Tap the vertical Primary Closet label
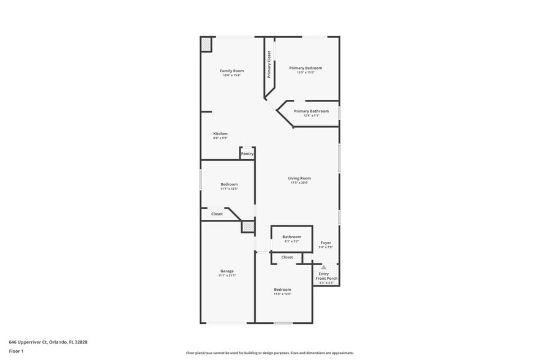tap(269, 64)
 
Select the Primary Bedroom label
tap(306, 68)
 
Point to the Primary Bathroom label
tap(311, 111)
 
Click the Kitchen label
tap(220, 133)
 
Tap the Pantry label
tap(247, 154)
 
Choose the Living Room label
tap(299, 178)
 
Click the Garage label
tap(227, 271)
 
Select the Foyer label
tap(326, 243)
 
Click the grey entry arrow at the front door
tap(324, 267)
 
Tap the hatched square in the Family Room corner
tap(206, 44)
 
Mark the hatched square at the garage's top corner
tap(247, 227)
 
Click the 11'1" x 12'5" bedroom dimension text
tap(229, 189)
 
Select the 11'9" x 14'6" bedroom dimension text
tap(282, 294)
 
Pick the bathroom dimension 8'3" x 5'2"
tap(291, 241)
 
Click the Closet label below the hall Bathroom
tap(287, 258)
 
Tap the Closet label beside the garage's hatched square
tap(217, 214)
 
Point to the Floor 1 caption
tap(16, 351)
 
